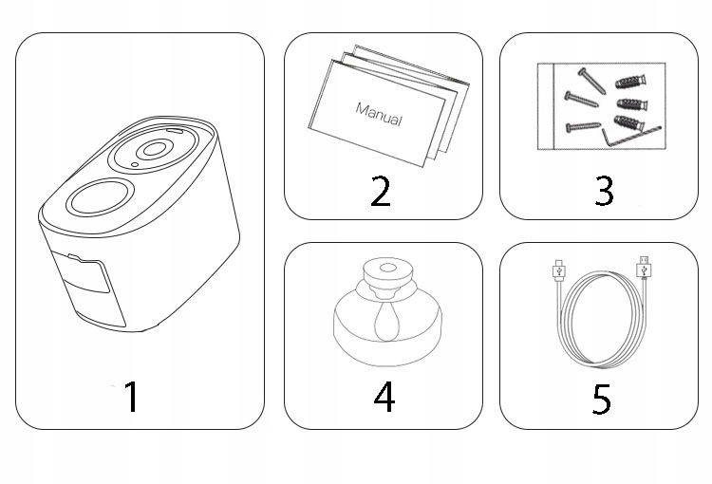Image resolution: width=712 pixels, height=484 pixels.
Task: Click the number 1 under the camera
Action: click(132, 397)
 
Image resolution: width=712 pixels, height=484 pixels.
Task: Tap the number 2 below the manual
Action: click(381, 192)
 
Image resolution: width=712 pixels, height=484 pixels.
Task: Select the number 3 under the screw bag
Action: click(604, 191)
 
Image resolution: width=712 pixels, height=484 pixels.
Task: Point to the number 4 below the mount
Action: click(384, 397)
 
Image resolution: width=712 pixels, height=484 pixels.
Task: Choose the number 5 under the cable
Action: click(602, 400)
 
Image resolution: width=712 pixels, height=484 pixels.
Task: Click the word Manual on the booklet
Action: click(379, 115)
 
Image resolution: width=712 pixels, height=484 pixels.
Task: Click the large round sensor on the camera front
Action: click(100, 197)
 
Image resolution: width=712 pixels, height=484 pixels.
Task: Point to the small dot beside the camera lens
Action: click(135, 164)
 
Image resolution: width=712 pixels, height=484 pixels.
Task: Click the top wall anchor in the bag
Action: click(630, 83)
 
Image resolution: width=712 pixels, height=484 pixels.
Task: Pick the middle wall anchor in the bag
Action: click(632, 104)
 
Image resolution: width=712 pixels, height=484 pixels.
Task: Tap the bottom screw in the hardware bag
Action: click(584, 126)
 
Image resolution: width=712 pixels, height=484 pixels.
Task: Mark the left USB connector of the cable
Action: click(558, 270)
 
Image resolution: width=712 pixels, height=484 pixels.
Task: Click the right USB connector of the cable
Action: click(644, 268)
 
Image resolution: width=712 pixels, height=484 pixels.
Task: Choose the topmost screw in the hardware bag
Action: click(591, 81)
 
